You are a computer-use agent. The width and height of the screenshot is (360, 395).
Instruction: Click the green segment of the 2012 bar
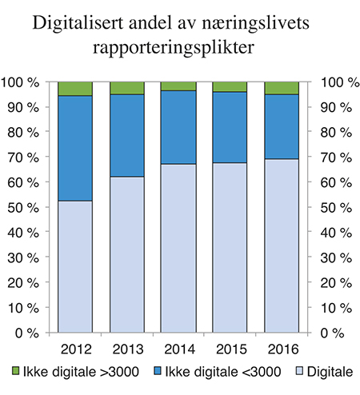[75, 88]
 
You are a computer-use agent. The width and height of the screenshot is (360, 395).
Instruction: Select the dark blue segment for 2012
[75, 148]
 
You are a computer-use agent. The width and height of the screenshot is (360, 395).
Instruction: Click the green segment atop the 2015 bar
[230, 86]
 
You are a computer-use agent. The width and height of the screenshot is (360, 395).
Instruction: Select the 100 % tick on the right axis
[336, 82]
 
